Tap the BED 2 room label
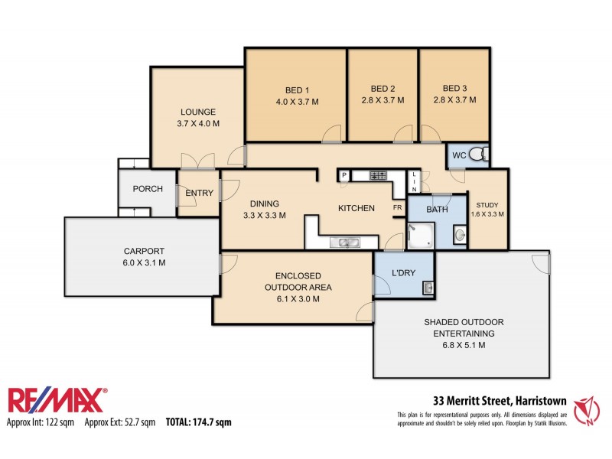pos(382,87)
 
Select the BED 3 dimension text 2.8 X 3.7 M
pos(454,100)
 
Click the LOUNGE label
pos(198,111)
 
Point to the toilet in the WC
pos(477,155)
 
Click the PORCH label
pos(147,189)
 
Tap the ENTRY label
pos(199,193)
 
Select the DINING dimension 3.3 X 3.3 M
pos(263,216)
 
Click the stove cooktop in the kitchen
pos(378,176)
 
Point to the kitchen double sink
pos(343,243)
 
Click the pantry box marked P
pos(344,176)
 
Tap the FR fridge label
pos(398,208)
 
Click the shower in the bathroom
pos(419,234)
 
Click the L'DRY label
pos(403,273)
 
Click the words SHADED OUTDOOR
pos(463,321)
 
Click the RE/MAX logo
pos(57,401)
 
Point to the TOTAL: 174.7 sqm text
pos(198,422)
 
